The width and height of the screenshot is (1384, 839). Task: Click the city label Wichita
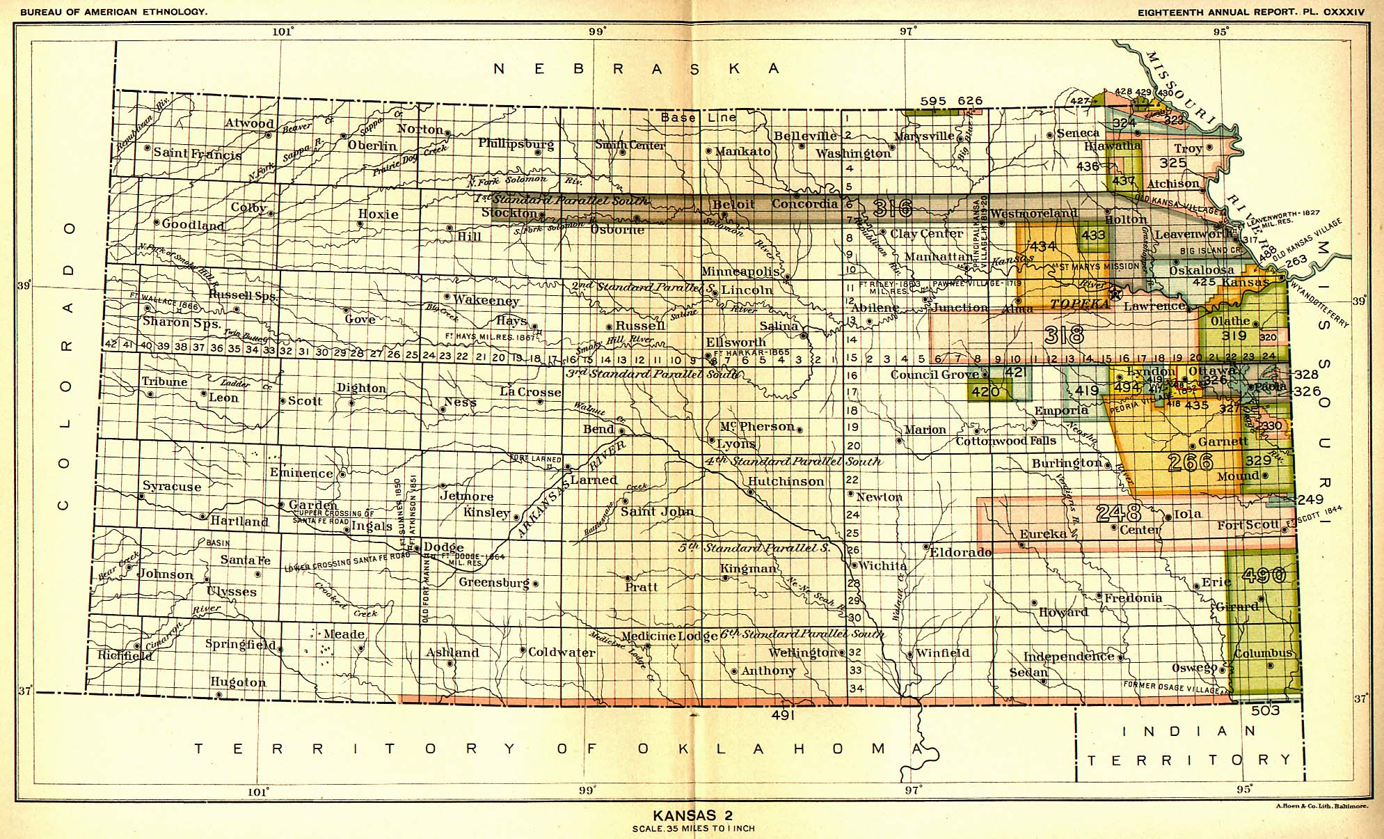(883, 566)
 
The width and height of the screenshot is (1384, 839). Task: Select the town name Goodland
(193, 224)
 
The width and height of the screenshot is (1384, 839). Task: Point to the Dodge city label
(443, 547)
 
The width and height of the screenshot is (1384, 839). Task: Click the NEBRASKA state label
(637, 68)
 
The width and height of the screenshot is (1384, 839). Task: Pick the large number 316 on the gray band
(891, 208)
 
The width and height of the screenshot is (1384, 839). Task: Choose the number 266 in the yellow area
(1191, 462)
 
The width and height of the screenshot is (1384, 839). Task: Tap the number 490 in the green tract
(1264, 575)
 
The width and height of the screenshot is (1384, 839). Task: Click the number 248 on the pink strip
(1118, 514)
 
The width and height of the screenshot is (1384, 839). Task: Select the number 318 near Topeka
(1064, 336)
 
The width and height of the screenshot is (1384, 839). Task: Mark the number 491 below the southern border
(783, 714)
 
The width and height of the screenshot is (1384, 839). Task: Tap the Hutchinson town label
(786, 481)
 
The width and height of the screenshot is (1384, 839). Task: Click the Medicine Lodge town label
(669, 636)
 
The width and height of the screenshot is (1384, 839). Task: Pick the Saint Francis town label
(198, 153)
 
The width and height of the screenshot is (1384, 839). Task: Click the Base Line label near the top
(698, 117)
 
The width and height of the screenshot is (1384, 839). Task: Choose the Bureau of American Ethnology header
(104, 12)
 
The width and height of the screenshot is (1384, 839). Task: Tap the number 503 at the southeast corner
(1265, 710)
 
